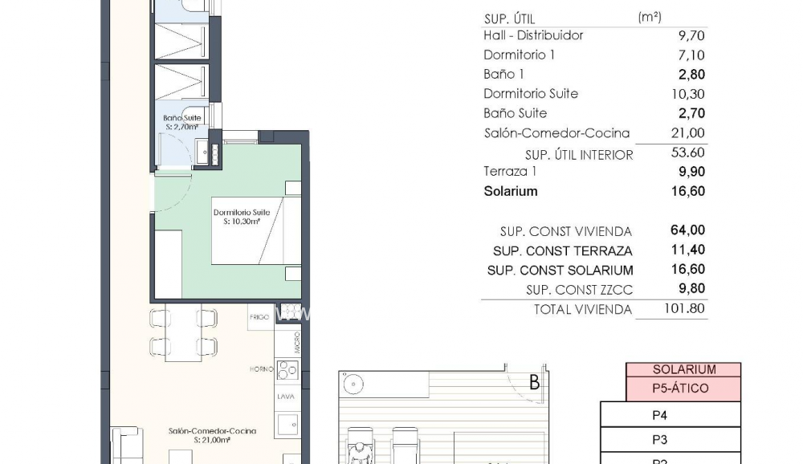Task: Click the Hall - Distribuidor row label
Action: tap(533, 35)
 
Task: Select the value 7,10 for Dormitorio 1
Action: tap(691, 55)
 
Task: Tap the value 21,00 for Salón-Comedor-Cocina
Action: tap(690, 133)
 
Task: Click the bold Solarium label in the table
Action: tap(511, 191)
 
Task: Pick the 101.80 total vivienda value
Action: tap(686, 309)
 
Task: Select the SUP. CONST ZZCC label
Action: tap(579, 290)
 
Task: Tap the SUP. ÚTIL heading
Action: tap(509, 18)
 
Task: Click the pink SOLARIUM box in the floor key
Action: tap(683, 370)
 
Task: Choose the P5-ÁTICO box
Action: tap(683, 389)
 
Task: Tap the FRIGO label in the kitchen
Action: tap(259, 317)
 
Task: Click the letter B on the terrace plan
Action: tap(534, 383)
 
